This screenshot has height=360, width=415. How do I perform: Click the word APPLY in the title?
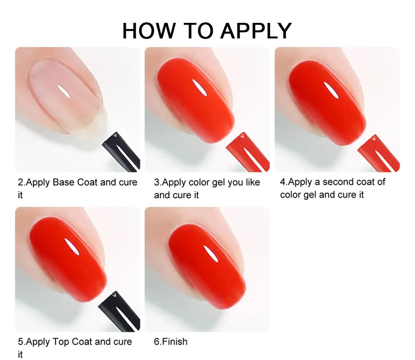click(x=256, y=31)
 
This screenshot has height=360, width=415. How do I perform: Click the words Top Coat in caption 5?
click(x=72, y=342)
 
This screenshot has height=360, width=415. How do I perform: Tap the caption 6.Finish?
click(x=171, y=342)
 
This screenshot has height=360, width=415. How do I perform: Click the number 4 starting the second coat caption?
click(x=283, y=182)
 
